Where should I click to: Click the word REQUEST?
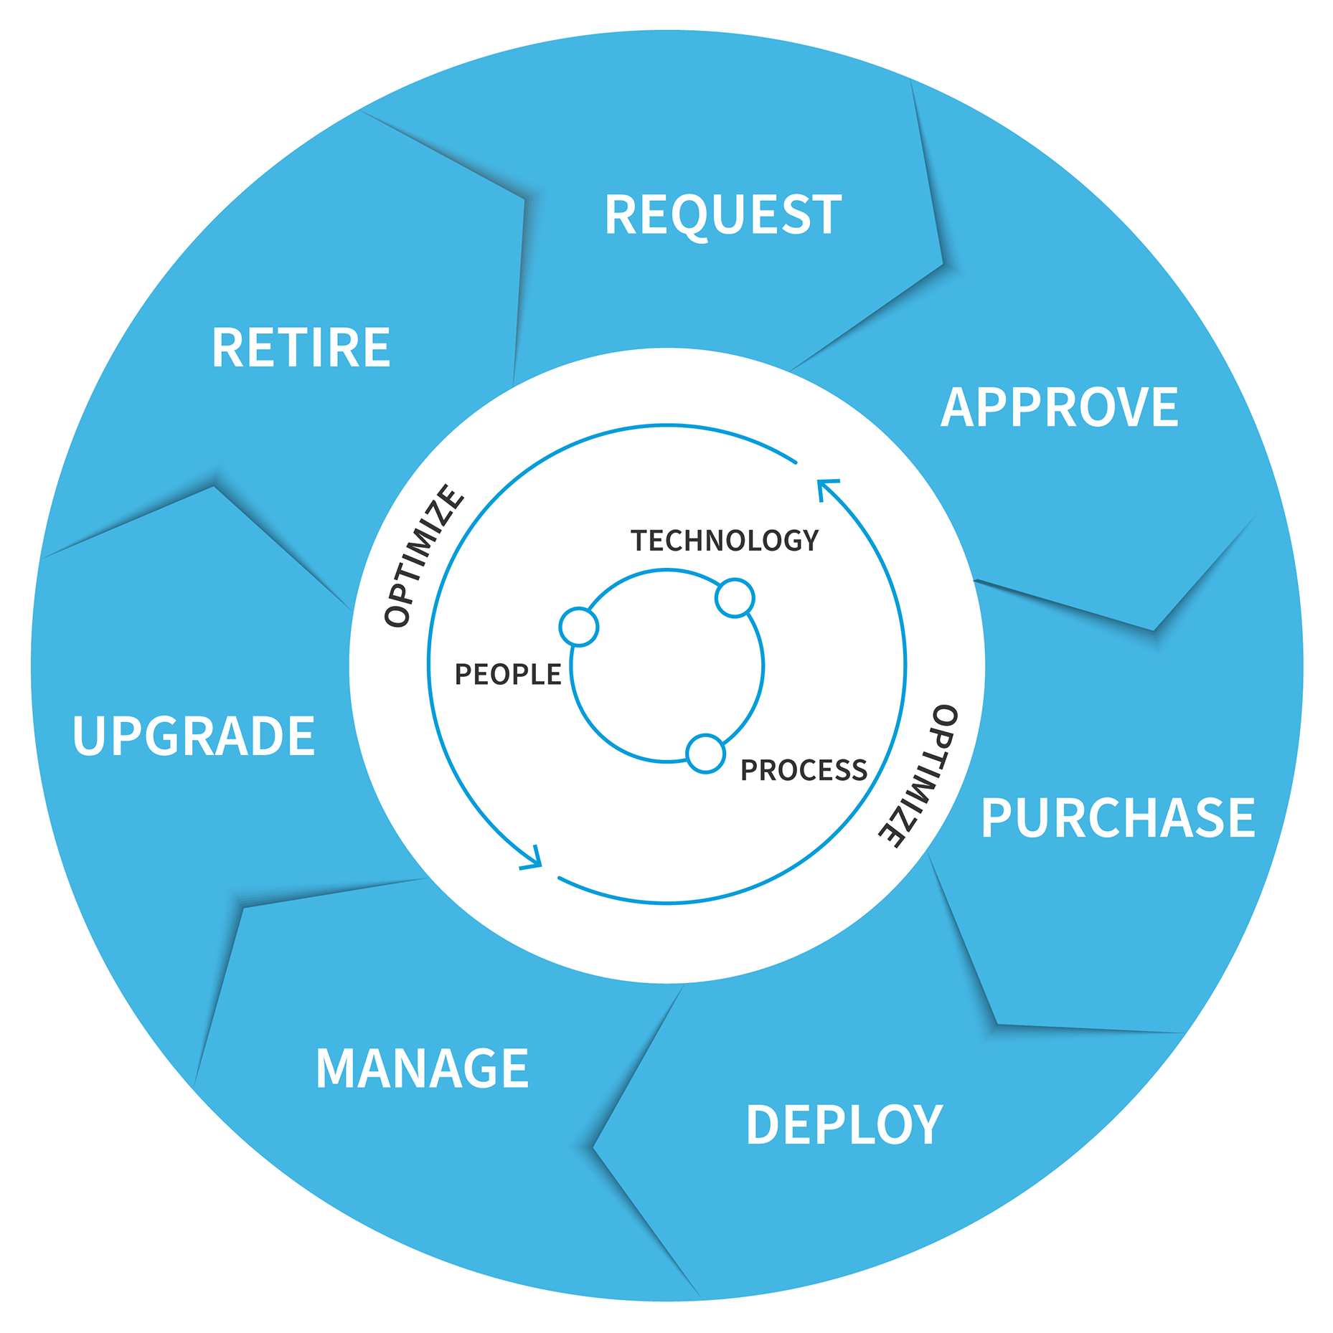(x=722, y=214)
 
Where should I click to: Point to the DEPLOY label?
(x=844, y=1124)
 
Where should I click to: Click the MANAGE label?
(x=422, y=1068)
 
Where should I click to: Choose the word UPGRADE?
(x=194, y=736)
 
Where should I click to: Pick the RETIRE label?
(x=301, y=348)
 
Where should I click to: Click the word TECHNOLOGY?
(x=725, y=541)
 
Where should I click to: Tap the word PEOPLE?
(x=508, y=675)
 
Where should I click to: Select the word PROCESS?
(x=804, y=770)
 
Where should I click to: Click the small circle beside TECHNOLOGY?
(x=735, y=597)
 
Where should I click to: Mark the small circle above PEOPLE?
(x=579, y=627)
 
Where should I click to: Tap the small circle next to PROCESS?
(x=706, y=754)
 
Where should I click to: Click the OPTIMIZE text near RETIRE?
(x=424, y=556)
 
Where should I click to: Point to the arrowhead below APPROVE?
(x=825, y=488)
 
